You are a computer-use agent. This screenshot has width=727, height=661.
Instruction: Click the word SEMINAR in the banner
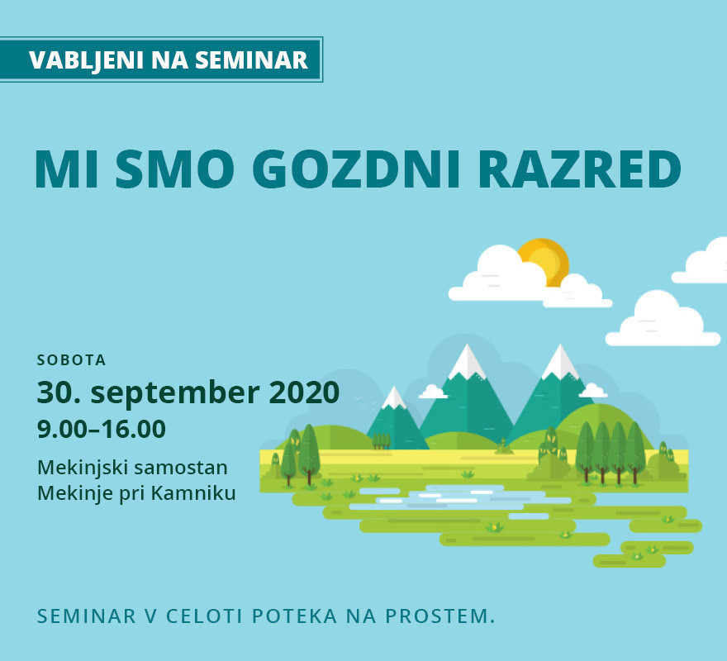[251, 60]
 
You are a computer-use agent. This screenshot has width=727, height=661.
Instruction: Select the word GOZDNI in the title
[356, 169]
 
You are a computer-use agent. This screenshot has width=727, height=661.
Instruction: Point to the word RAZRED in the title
[579, 169]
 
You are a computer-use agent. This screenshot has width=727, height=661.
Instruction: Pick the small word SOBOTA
[71, 360]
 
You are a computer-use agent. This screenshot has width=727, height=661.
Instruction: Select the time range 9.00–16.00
[102, 429]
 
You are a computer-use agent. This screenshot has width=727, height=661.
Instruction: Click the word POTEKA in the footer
[294, 616]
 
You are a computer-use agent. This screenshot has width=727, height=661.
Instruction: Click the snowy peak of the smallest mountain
[394, 397]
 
